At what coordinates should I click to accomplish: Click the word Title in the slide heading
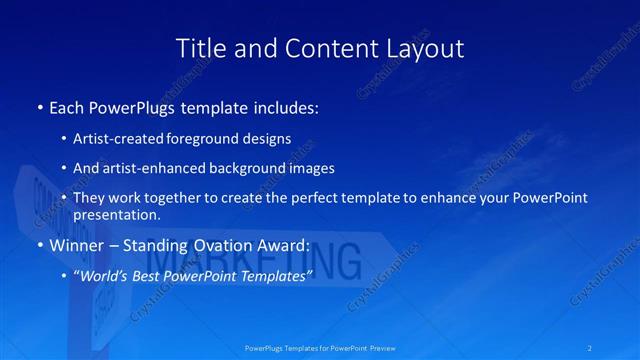pyautogui.click(x=199, y=48)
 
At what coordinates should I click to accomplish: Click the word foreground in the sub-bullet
pyautogui.click(x=217, y=138)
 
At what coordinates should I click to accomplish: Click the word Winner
pyautogui.click(x=75, y=245)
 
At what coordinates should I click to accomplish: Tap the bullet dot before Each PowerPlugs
pyautogui.click(x=39, y=106)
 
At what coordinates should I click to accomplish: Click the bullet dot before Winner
pyautogui.click(x=39, y=245)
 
